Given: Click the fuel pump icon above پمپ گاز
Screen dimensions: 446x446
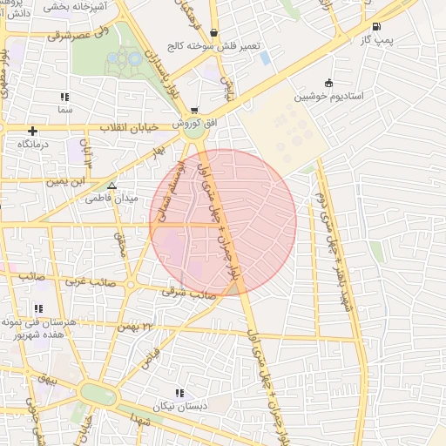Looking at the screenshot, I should tap(375, 27).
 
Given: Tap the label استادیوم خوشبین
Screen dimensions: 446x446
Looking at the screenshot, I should tap(328, 96).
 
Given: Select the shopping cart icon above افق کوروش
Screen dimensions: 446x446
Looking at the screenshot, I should tap(193, 110).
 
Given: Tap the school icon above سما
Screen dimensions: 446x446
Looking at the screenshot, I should tap(64, 98).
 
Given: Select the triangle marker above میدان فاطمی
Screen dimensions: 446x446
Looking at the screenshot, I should tap(111, 186).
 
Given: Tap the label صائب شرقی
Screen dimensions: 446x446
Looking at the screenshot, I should tap(188, 294).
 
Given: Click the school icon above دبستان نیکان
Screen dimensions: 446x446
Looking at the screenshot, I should tap(179, 393).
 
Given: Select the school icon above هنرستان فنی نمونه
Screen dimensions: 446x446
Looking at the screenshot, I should tap(38, 308).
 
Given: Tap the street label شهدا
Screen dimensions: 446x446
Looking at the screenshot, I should tap(144, 422).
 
